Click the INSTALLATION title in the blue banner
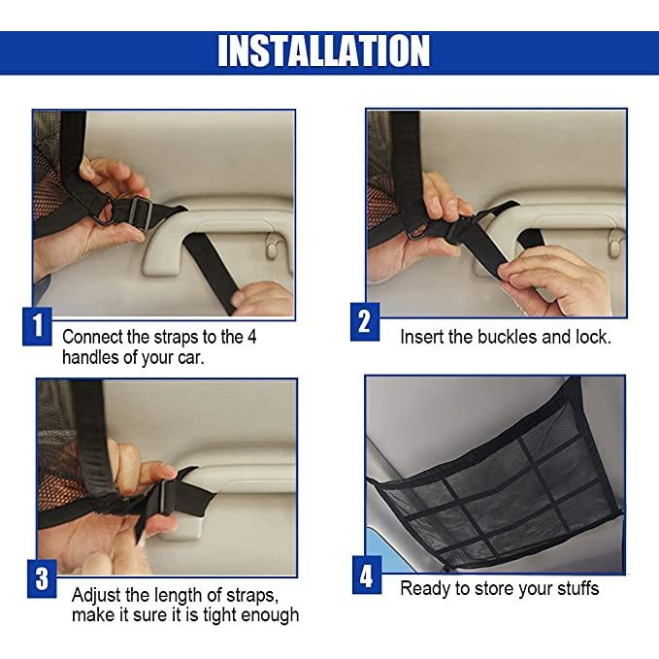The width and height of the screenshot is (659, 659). (x=323, y=50)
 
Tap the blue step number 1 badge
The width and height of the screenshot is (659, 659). (x=38, y=326)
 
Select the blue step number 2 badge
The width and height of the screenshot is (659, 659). (x=365, y=322)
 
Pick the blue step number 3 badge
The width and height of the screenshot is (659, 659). (x=42, y=578)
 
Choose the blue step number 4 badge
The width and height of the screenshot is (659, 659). (x=367, y=575)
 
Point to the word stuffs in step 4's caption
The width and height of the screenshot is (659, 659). (x=577, y=588)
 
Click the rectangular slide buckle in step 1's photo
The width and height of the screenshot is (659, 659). (x=140, y=214)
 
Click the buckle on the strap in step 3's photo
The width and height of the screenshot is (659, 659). (x=165, y=499)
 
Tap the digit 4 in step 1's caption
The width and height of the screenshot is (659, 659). (x=251, y=337)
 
